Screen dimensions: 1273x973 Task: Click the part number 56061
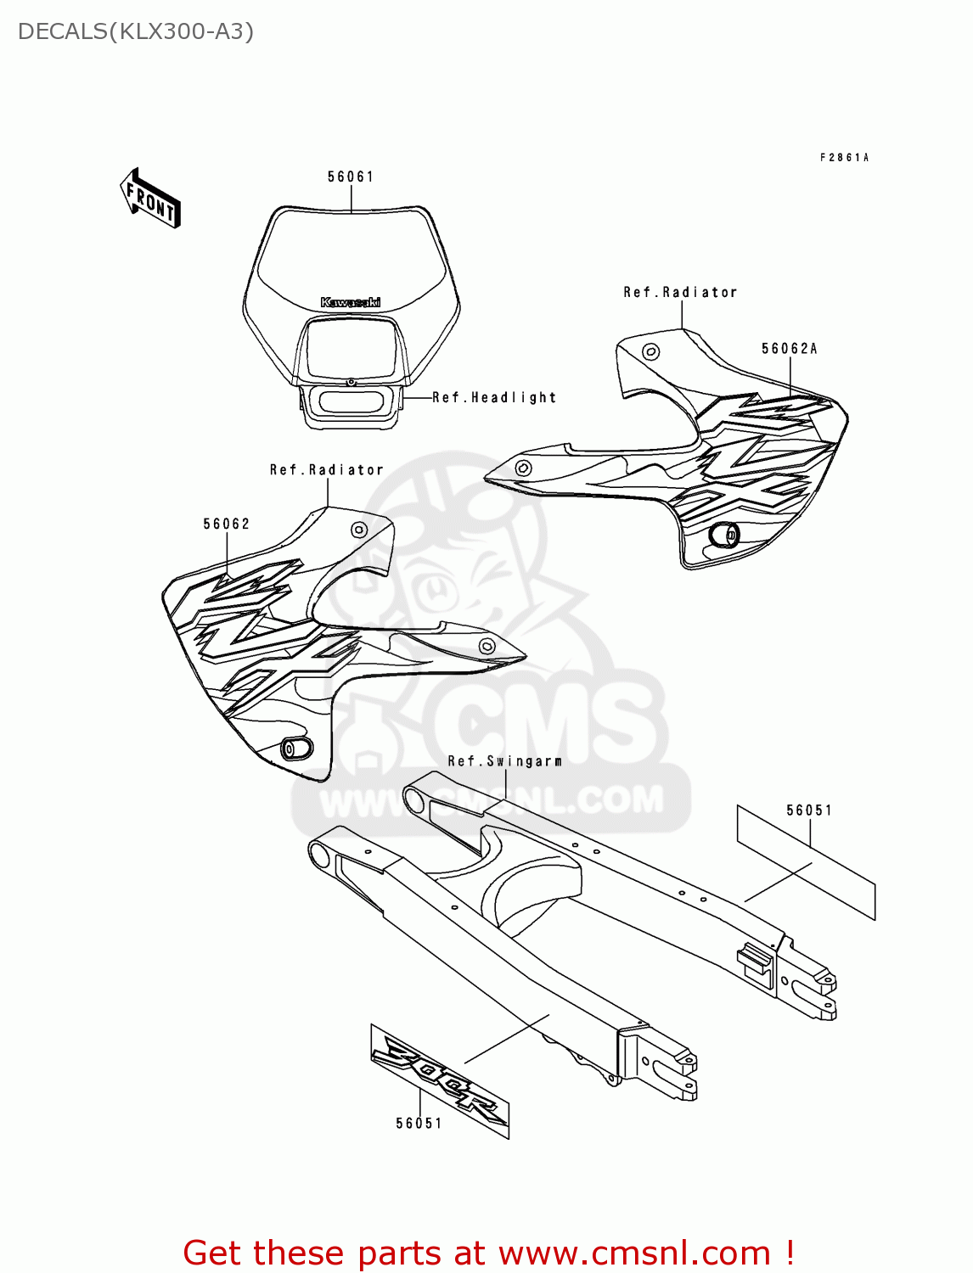(351, 177)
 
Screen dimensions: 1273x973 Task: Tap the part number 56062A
(789, 349)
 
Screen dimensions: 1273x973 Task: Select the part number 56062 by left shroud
(227, 524)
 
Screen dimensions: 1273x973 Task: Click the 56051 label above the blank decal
(809, 810)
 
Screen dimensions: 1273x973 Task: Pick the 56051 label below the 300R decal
(419, 1124)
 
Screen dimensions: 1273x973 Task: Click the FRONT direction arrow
(150, 199)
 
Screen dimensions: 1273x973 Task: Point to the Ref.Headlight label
(494, 397)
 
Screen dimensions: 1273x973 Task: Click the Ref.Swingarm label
(505, 761)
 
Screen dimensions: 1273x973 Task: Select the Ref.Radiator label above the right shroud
(680, 292)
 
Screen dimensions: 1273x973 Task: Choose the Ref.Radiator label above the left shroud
(327, 470)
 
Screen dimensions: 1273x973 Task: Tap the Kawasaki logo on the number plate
(351, 302)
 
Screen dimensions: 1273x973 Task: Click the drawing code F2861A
(845, 158)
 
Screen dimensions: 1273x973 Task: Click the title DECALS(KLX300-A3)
(136, 31)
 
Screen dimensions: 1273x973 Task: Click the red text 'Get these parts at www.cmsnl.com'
(488, 1253)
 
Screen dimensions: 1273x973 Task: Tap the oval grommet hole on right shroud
(725, 535)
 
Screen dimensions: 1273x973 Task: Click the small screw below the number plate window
(351, 383)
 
